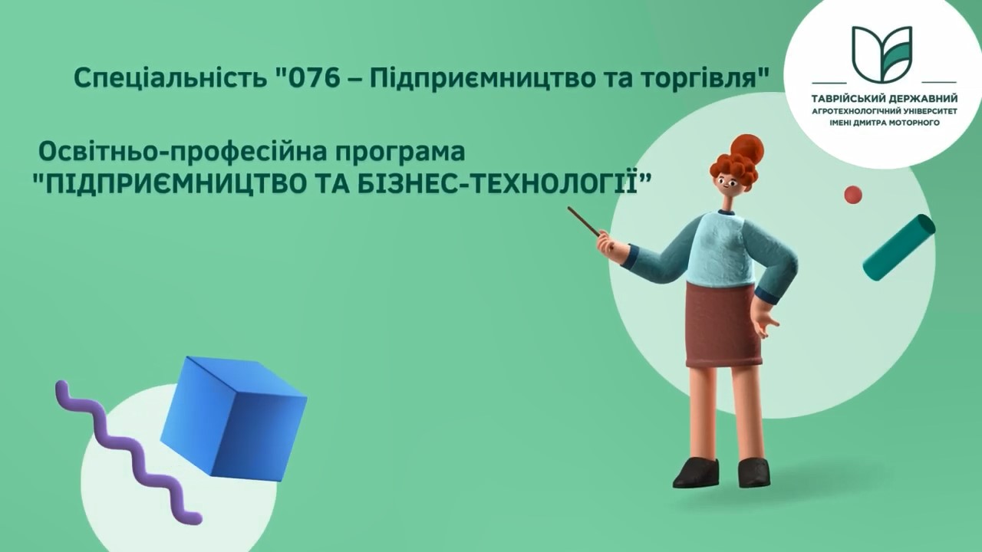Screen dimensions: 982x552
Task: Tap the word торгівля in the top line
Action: tap(699, 78)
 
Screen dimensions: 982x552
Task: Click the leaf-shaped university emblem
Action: tap(882, 54)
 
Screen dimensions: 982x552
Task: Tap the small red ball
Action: tap(853, 195)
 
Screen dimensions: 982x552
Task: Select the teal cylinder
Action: tap(898, 247)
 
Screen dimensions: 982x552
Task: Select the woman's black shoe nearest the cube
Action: tap(696, 473)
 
